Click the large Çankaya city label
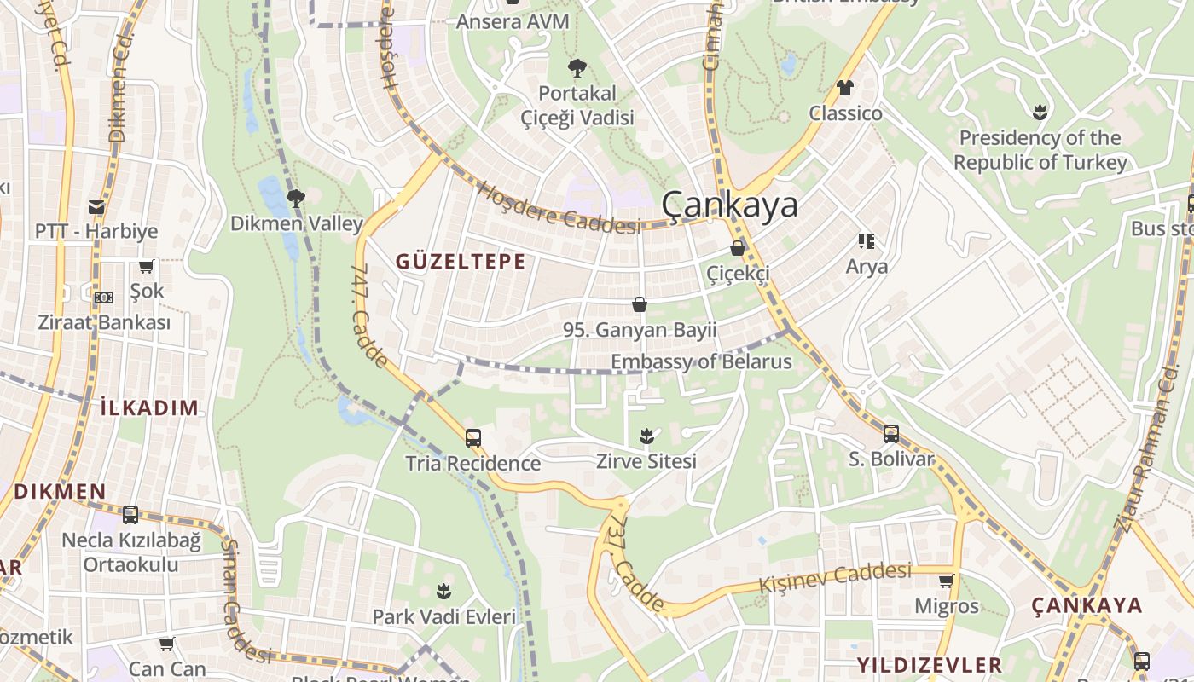730,205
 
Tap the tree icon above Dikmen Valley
296,199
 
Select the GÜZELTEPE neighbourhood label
461,262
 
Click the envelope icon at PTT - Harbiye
96,206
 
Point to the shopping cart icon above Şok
147,267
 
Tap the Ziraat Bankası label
104,322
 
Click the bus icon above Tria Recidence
473,438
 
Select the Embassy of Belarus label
701,361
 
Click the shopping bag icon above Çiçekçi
738,248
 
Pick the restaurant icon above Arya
867,241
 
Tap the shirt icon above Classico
845,88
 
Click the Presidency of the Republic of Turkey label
1040,150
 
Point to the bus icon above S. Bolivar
891,433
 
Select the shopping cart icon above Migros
946,581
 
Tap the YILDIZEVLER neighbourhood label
929,665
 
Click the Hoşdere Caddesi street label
559,208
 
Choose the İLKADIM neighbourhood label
149,407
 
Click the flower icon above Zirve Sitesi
647,436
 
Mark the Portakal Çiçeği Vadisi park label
577,105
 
